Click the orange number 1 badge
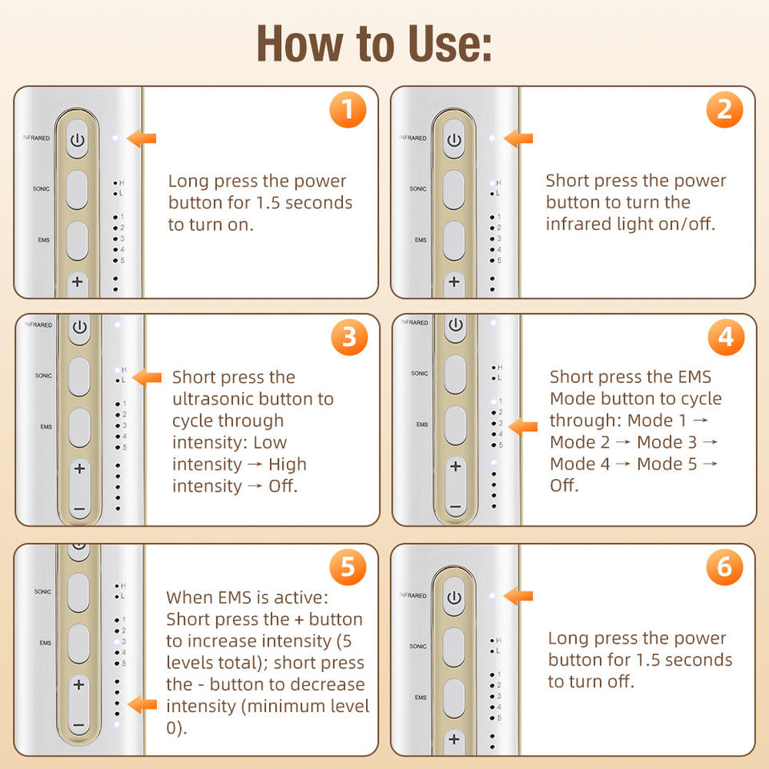point(348,110)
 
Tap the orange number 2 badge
point(724,110)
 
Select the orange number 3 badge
point(349,337)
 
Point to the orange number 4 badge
point(726,337)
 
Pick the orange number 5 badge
point(348,567)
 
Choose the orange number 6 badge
point(724,567)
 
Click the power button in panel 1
point(78,139)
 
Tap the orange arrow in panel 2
point(518,139)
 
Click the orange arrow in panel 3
point(147,377)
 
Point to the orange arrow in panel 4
point(523,427)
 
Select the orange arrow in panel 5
point(142,705)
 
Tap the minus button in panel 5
point(79,725)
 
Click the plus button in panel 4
point(456,466)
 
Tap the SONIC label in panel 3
point(43,376)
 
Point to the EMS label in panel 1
point(43,240)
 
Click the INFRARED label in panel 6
point(413,595)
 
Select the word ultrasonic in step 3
point(218,399)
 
